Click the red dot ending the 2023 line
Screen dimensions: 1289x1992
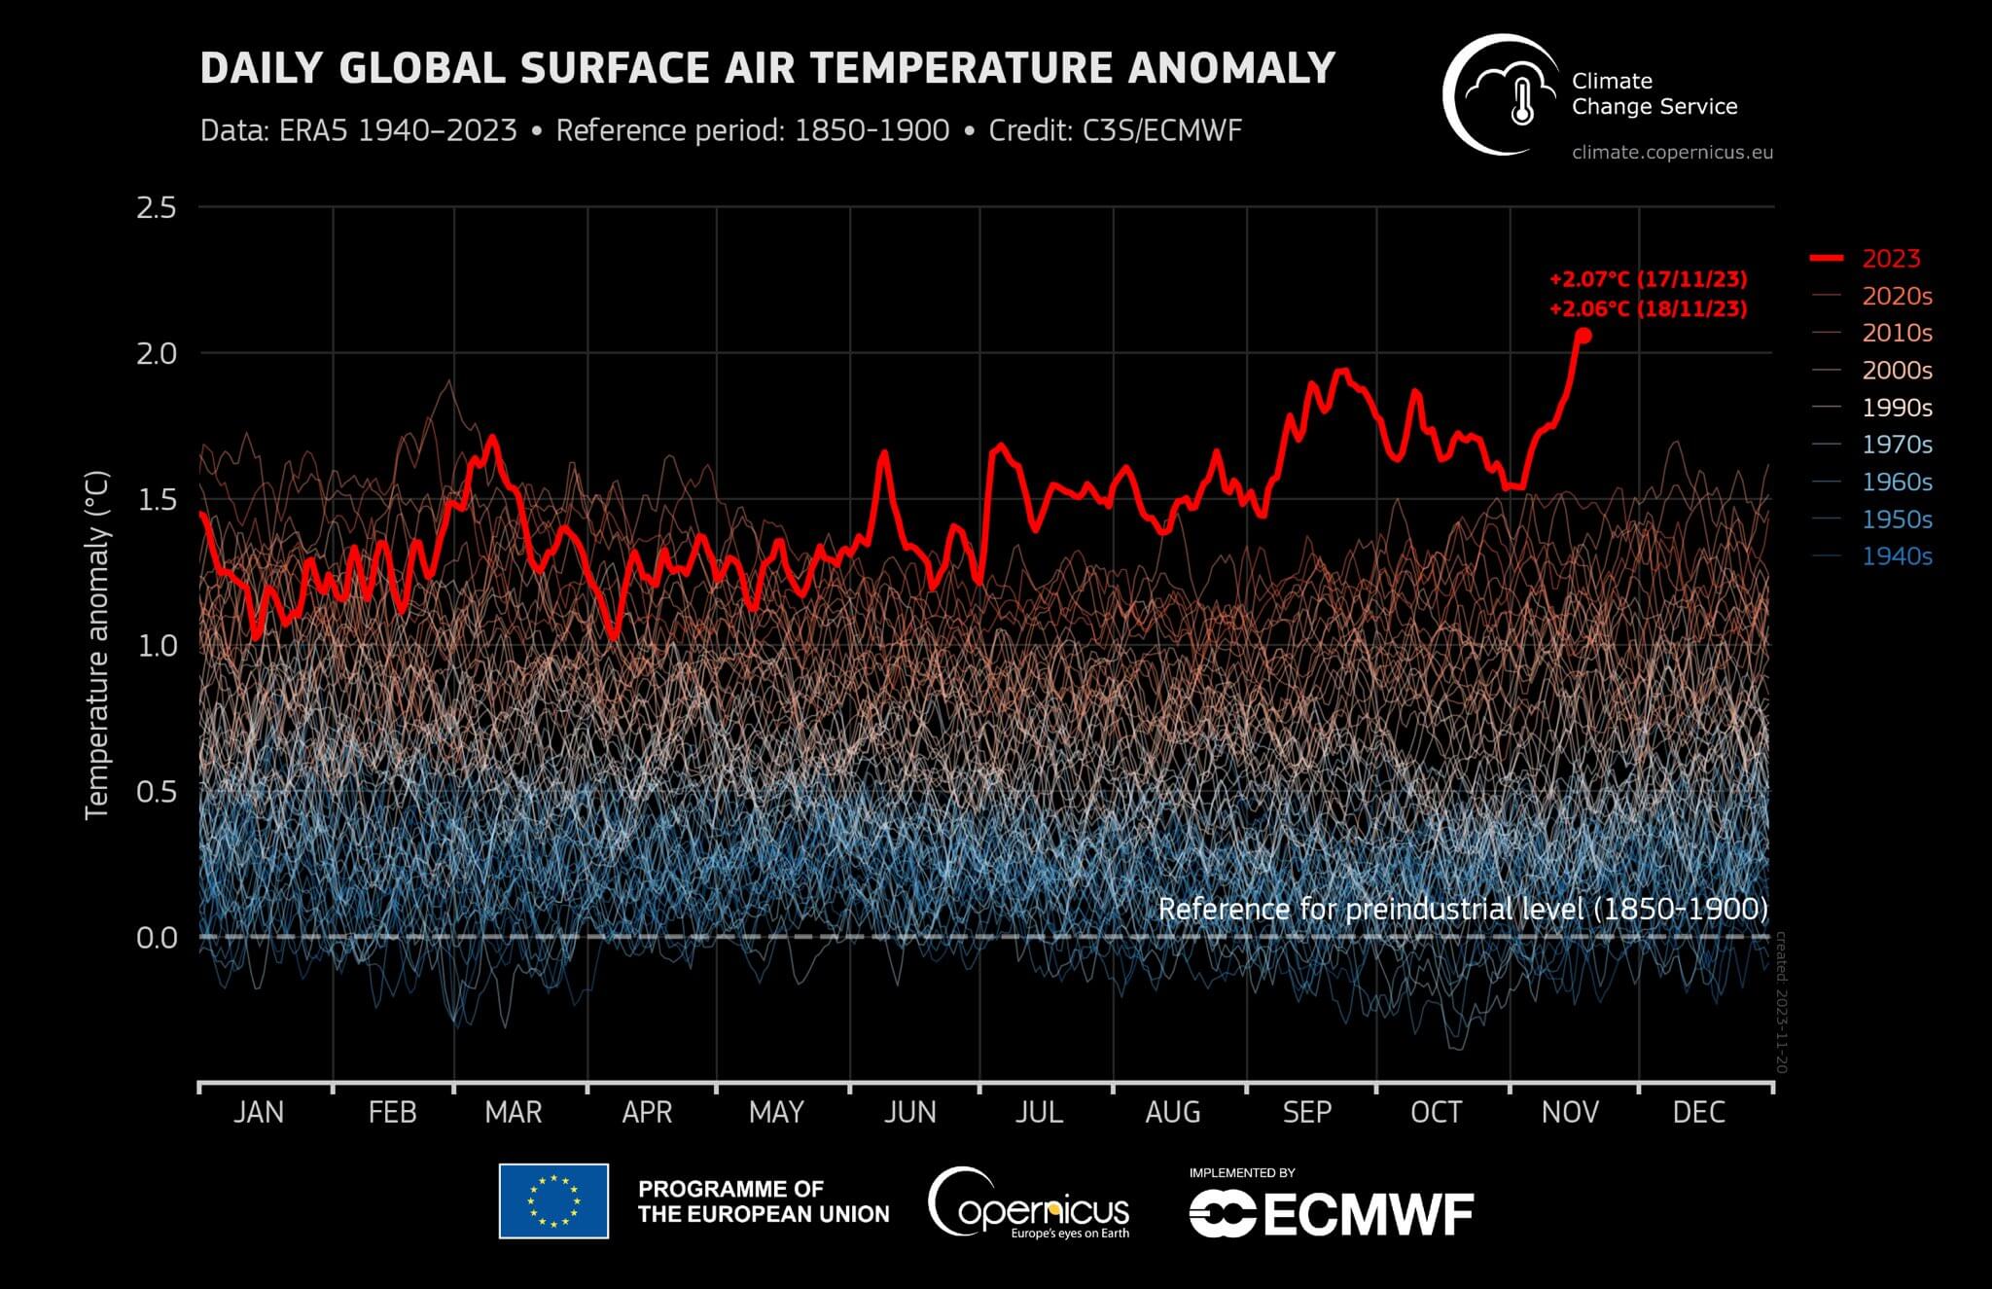1583,336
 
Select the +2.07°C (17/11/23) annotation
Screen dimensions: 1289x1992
1648,279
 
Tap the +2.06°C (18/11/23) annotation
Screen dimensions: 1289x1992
1648,309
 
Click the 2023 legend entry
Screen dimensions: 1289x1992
1890,259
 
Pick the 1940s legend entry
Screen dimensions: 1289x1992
1896,556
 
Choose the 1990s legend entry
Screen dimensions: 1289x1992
1896,408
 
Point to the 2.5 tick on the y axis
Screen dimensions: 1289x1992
157,207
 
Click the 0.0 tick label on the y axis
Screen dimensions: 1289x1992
157,938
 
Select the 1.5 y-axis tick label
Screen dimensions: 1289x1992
157,499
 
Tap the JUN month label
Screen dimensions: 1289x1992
909,1112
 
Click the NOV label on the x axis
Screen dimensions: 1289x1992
1569,1112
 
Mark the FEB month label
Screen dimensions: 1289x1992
392,1112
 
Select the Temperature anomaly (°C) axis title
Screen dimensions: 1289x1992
96,645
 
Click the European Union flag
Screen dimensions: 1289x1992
553,1200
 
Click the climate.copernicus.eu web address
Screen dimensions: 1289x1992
1672,153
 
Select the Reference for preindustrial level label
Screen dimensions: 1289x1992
1462,909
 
